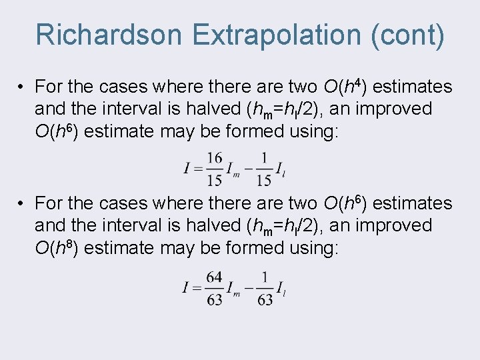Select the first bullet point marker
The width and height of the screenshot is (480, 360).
pyautogui.click(x=21, y=87)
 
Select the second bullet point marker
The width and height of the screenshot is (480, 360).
pyautogui.click(x=21, y=203)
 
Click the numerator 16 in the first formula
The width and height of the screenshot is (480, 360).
pyautogui.click(x=215, y=157)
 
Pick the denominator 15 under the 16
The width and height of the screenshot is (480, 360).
pyautogui.click(x=215, y=179)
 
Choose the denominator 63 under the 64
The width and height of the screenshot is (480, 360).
pyautogui.click(x=215, y=299)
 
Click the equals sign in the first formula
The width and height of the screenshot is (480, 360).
pyautogui.click(x=197, y=169)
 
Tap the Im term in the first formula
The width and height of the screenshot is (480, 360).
pyautogui.click(x=233, y=169)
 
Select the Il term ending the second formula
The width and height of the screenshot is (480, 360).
pyautogui.click(x=281, y=289)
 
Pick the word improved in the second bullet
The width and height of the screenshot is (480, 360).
pyautogui.click(x=395, y=225)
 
